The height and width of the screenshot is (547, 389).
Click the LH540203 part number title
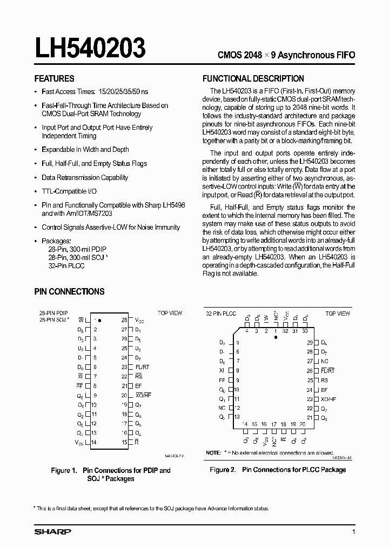point(90,48)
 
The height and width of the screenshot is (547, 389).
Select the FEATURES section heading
point(54,78)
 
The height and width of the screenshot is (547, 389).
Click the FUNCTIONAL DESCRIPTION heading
point(253,78)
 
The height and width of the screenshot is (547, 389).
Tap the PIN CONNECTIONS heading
point(69,291)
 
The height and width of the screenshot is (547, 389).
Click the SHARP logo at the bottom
point(52,532)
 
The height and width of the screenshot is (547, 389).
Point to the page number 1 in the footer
point(353,532)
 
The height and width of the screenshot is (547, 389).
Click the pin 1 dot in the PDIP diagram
point(95,320)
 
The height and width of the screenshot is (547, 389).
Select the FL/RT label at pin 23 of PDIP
point(142,366)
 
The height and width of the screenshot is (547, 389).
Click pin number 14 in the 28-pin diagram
point(94,442)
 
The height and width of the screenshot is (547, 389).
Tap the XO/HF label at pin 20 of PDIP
point(143,395)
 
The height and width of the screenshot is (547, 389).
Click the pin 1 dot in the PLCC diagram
point(275,337)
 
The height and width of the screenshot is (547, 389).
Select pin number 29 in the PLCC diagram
point(310,343)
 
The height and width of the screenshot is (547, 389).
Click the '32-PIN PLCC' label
point(220,313)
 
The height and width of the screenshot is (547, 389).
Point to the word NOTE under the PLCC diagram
point(213,452)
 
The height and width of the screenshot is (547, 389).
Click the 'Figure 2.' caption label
point(223,470)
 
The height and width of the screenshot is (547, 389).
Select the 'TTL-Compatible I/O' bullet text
point(69,191)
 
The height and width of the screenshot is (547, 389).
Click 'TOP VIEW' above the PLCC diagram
point(338,313)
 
